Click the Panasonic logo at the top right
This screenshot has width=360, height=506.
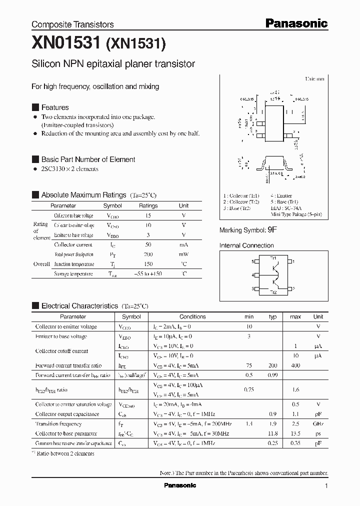pos(296,23)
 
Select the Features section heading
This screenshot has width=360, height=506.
pos(55,107)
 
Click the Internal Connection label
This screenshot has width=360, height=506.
pos(246,245)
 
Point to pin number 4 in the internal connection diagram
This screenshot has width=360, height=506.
pos(253,275)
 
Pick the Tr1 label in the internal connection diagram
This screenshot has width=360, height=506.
pos(273,257)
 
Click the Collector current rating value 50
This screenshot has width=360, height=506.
pos(148,244)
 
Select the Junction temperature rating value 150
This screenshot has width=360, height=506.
pos(148,264)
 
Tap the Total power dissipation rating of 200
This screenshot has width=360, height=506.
pos(148,254)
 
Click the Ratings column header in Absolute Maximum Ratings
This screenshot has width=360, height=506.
pos(148,205)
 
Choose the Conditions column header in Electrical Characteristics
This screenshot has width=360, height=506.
pos(192,316)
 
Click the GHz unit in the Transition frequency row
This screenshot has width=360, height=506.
pos(318,423)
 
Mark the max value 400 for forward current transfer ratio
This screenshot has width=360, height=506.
pos(295,365)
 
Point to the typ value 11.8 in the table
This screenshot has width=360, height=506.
pos(273,433)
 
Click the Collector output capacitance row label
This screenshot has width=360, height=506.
pos(67,414)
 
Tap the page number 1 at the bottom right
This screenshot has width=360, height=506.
pos(326,486)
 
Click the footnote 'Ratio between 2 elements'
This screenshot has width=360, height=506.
pos(65,453)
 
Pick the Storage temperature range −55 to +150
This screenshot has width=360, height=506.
pos(148,274)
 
